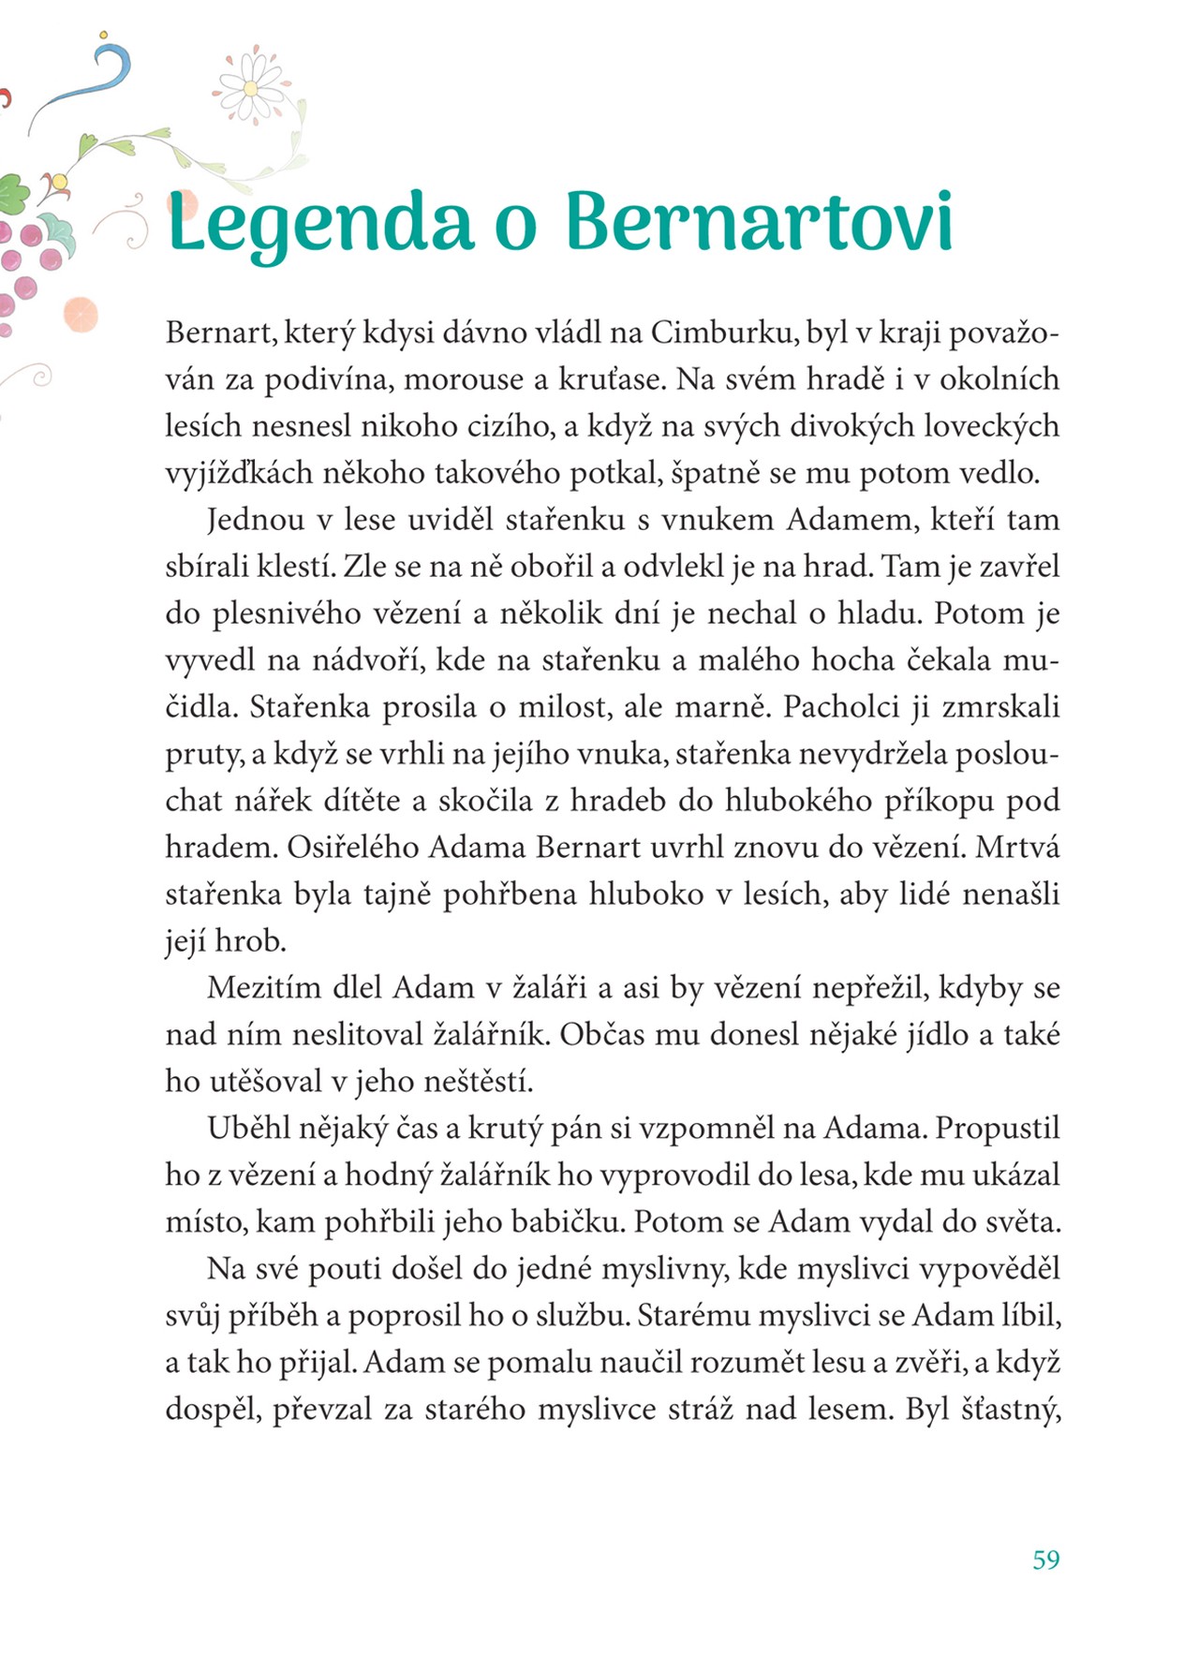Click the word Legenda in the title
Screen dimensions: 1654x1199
coord(318,223)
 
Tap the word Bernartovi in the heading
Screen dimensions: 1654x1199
coord(759,223)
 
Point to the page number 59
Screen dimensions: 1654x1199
coord(1045,1559)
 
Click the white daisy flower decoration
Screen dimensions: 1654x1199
coord(250,88)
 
